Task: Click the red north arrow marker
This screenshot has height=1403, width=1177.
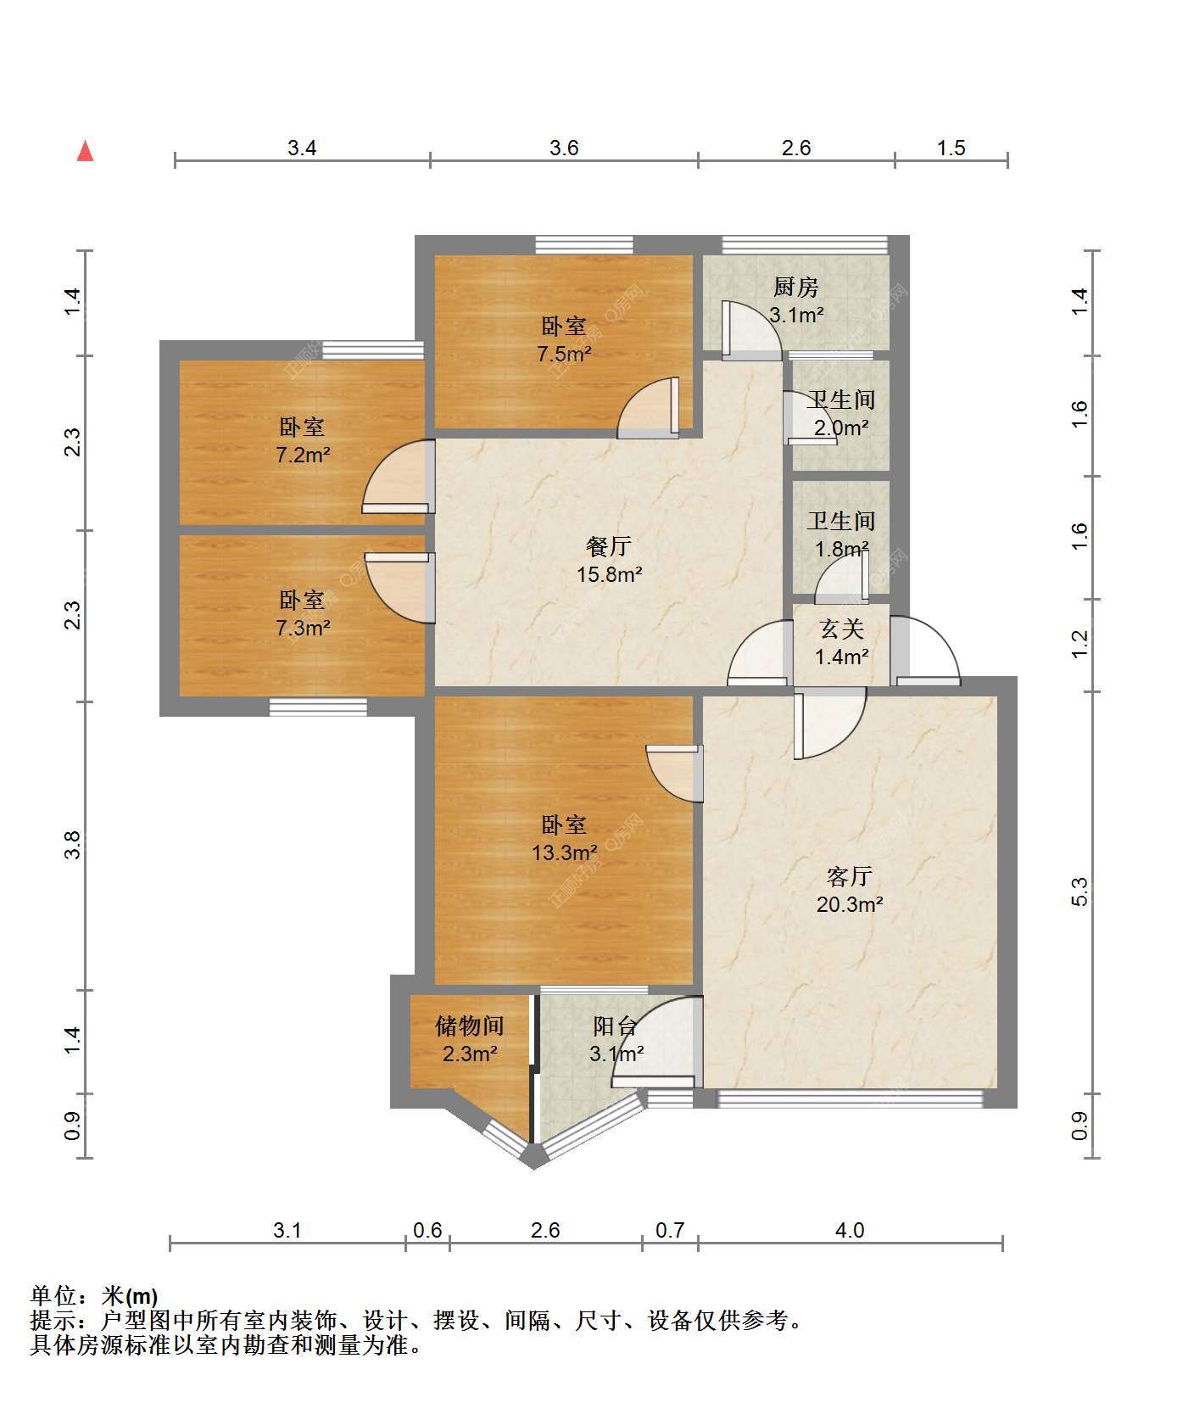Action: pyautogui.click(x=85, y=151)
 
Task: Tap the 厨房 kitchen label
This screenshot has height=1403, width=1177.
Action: pyautogui.click(x=796, y=288)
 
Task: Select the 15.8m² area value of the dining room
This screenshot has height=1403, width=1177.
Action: pyautogui.click(x=609, y=574)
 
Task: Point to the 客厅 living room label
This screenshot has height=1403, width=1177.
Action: pyautogui.click(x=849, y=876)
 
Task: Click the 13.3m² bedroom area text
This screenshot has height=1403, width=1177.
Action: pyautogui.click(x=564, y=852)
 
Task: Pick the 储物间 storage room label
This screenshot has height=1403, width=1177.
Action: pyautogui.click(x=469, y=1026)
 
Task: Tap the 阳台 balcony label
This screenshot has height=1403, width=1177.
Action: pyautogui.click(x=616, y=1026)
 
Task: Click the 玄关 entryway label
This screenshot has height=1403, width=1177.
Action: pyautogui.click(x=842, y=629)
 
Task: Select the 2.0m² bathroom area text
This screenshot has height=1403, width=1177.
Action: pyautogui.click(x=840, y=428)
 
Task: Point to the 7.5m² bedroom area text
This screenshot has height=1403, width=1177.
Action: pyautogui.click(x=564, y=354)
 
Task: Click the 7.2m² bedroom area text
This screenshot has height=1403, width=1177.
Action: pyautogui.click(x=303, y=455)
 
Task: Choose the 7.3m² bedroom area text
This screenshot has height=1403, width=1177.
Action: pyautogui.click(x=303, y=628)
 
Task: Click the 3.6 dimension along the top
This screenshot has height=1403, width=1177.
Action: pyautogui.click(x=564, y=148)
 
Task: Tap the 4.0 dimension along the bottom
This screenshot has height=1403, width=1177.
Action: pyautogui.click(x=850, y=1230)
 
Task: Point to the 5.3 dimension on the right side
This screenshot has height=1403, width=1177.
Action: pyautogui.click(x=1079, y=892)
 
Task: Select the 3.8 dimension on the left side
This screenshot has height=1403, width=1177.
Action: pyautogui.click(x=72, y=845)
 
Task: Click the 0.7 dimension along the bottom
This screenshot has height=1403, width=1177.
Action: pyautogui.click(x=670, y=1230)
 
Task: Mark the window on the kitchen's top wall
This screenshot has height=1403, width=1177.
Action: pyautogui.click(x=805, y=245)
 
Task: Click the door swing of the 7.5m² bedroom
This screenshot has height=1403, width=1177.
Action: pyautogui.click(x=649, y=408)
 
